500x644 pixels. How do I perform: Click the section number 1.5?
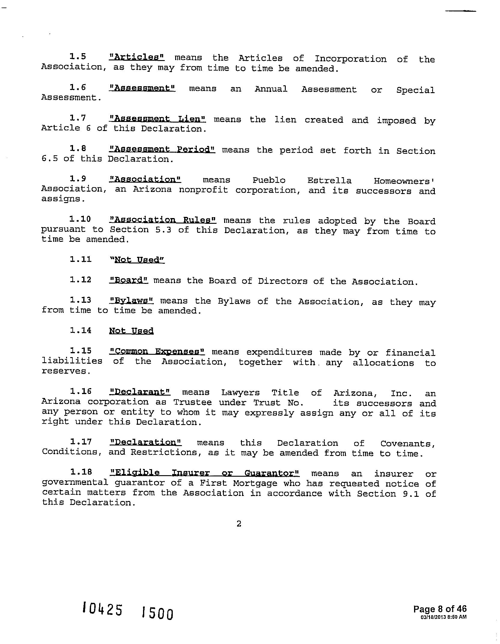[x=78, y=56]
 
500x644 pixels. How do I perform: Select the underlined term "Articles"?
[x=137, y=57]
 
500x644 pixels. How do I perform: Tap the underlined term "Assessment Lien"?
[x=157, y=119]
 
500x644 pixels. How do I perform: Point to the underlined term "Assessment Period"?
[x=162, y=149]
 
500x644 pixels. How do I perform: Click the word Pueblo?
[x=269, y=180]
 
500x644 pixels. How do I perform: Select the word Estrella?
[x=329, y=181]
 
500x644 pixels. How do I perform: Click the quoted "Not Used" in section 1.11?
[x=138, y=260]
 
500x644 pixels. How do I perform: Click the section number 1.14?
[x=81, y=330]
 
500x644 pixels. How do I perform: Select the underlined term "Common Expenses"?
[x=157, y=351]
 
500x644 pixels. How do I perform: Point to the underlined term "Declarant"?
[x=140, y=392]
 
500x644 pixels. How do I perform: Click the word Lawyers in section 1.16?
[x=241, y=393]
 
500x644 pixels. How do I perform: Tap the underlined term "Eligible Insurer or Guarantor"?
[x=205, y=473]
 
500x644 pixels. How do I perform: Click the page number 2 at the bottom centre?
[x=239, y=524]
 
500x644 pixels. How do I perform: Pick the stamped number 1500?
[x=157, y=613]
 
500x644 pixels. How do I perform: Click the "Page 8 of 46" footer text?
[x=440, y=609]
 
